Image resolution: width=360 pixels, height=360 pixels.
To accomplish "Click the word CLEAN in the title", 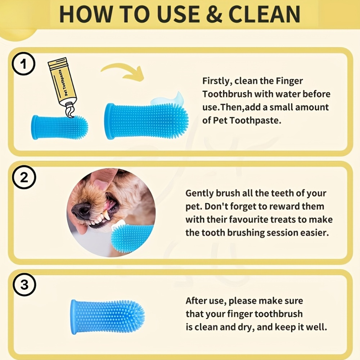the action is [264, 14].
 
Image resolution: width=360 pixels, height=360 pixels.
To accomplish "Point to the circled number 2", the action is [24, 177].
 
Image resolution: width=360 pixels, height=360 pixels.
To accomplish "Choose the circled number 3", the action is [24, 284].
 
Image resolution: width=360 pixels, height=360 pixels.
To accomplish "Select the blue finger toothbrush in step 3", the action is [108, 317].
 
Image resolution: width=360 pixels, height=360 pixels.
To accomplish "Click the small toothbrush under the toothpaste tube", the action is [59, 127].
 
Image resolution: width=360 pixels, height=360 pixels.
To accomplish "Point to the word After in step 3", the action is [195, 301].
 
